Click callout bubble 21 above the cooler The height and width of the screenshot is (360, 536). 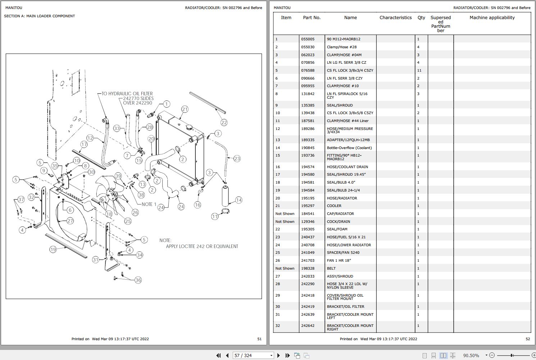(185, 109)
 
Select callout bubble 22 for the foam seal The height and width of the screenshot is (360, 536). (224, 122)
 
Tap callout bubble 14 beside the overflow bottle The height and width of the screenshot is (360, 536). (239, 200)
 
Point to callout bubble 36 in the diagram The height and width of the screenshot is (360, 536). (138, 280)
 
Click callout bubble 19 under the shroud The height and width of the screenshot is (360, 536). (53, 249)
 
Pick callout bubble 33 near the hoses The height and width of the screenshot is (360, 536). (117, 128)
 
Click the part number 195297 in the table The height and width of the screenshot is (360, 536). (308, 206)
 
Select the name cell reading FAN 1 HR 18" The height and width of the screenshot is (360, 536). (339, 261)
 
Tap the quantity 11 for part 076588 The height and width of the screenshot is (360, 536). (419, 71)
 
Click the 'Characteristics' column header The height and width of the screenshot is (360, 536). (395, 18)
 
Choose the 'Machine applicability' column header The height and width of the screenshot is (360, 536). (492, 18)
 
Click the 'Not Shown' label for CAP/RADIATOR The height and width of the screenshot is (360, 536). (285, 214)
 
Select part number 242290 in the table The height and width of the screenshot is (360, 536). (308, 284)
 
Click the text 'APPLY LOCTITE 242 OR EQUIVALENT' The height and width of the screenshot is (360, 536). (202, 247)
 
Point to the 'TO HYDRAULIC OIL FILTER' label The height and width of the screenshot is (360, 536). (127, 94)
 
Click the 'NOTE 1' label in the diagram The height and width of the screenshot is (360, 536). (149, 204)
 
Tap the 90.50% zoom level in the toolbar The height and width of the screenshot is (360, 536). (471, 355)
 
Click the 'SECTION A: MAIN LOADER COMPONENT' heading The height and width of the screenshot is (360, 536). (40, 16)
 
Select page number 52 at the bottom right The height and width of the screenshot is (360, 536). (528, 339)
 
